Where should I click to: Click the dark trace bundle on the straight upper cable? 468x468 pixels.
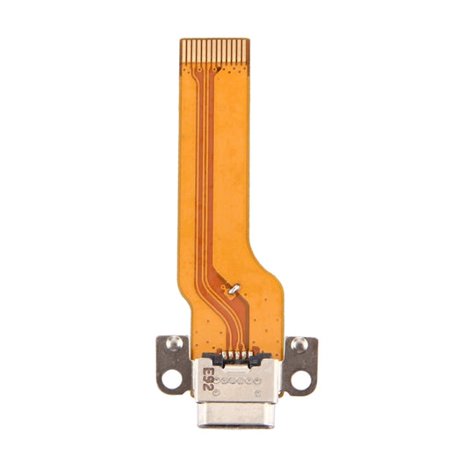tap(200, 158)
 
